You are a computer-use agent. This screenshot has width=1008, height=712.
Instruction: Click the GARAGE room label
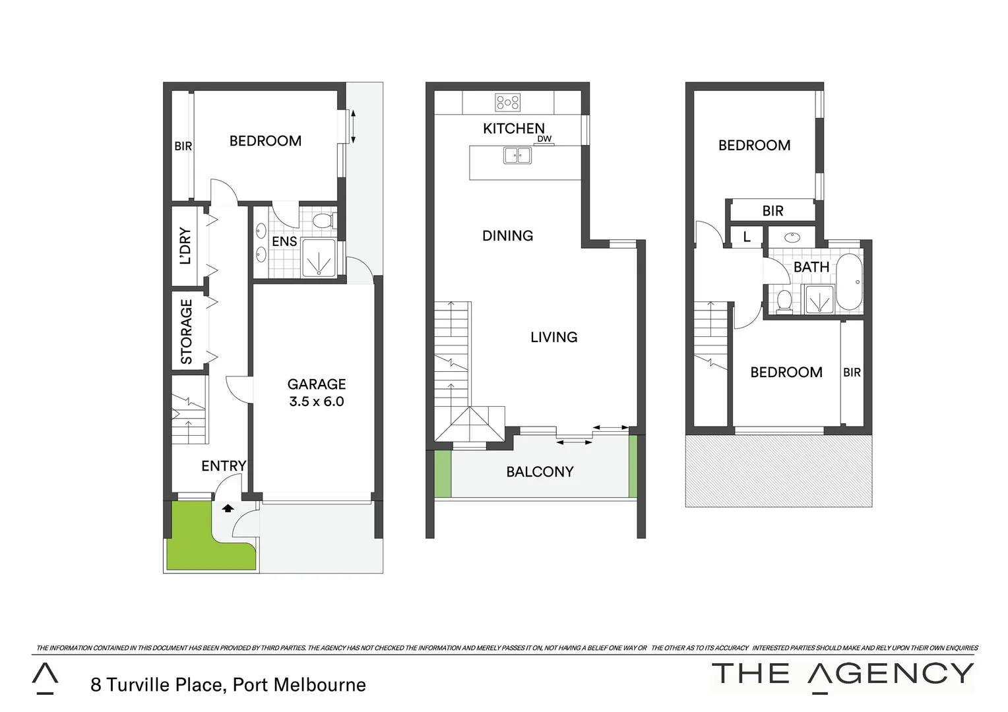coord(317,384)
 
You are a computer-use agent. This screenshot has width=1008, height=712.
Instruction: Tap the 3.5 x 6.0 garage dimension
coord(317,401)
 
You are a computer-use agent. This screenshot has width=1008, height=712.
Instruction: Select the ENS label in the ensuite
coord(284,242)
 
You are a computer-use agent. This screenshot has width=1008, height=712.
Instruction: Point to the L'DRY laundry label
coord(186,247)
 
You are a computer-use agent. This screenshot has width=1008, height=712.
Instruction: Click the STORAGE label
coord(187,332)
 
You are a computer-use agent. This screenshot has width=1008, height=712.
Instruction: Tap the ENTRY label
coord(224,466)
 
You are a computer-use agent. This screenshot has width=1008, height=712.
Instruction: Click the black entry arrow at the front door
coord(228,508)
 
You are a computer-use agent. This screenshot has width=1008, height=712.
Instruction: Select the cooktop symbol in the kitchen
coord(508,102)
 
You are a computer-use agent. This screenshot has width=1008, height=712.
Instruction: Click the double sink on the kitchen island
coord(517,156)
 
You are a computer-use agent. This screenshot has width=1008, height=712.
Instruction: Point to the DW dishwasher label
coord(544,139)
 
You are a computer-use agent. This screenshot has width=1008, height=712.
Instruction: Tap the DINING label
coord(508,235)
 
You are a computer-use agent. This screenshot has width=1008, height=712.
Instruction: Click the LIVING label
coord(554,337)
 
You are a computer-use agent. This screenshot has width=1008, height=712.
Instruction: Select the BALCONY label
coord(540,472)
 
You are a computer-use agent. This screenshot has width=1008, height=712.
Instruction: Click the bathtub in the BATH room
coord(849,282)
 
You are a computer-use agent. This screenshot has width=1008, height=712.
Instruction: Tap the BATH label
coord(811,267)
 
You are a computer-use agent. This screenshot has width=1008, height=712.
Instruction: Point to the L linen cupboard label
coord(747,237)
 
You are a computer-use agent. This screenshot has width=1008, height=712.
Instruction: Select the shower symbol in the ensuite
coord(318,258)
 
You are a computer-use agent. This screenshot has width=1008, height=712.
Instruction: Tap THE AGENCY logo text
coord(843,674)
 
